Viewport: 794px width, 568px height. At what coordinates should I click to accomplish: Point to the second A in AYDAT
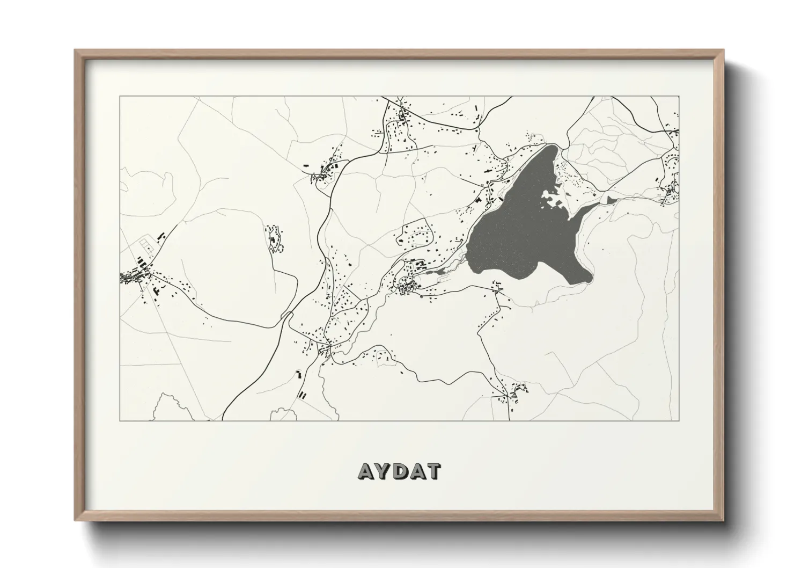[417, 471]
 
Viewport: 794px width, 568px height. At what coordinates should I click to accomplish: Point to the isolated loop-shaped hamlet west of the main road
[275, 239]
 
